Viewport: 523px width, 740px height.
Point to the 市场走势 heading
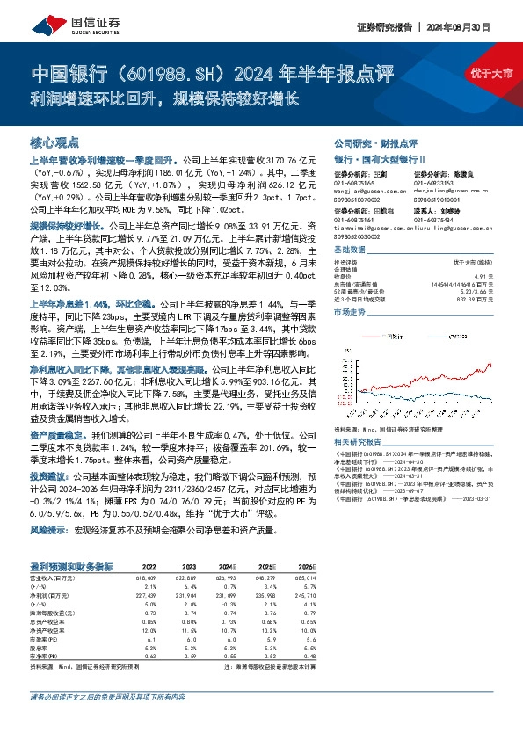click(x=351, y=312)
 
